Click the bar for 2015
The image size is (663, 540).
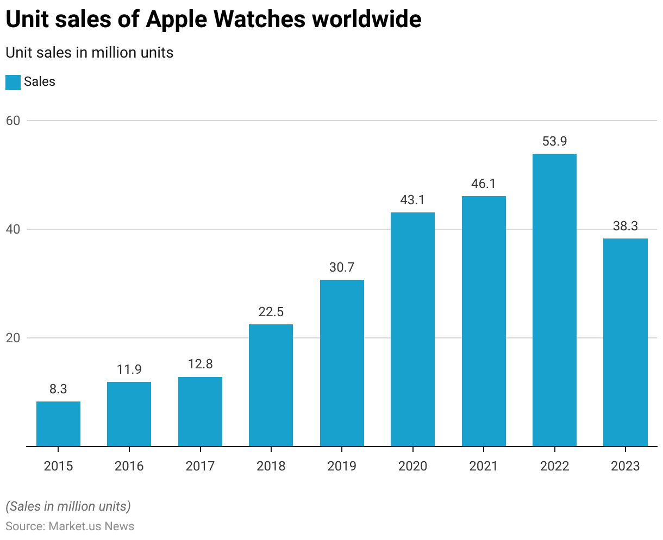(58, 424)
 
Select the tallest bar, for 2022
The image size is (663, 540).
(554, 300)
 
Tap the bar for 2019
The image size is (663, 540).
(342, 363)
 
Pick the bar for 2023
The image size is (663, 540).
(625, 342)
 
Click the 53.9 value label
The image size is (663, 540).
(554, 141)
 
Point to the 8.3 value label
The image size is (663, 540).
(58, 389)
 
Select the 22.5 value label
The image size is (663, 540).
(271, 312)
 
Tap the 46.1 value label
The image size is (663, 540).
(484, 184)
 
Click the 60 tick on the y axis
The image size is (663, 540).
(13, 121)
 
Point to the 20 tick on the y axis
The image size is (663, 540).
(13, 338)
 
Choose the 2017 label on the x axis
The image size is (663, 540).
(200, 466)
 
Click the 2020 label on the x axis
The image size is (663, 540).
(412, 466)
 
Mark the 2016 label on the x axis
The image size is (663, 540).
(129, 466)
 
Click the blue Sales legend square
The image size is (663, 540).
(13, 82)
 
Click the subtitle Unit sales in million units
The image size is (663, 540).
(89, 53)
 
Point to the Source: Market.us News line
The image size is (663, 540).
(70, 526)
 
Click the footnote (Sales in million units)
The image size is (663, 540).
(68, 506)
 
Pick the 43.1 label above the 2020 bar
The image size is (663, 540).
(412, 200)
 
